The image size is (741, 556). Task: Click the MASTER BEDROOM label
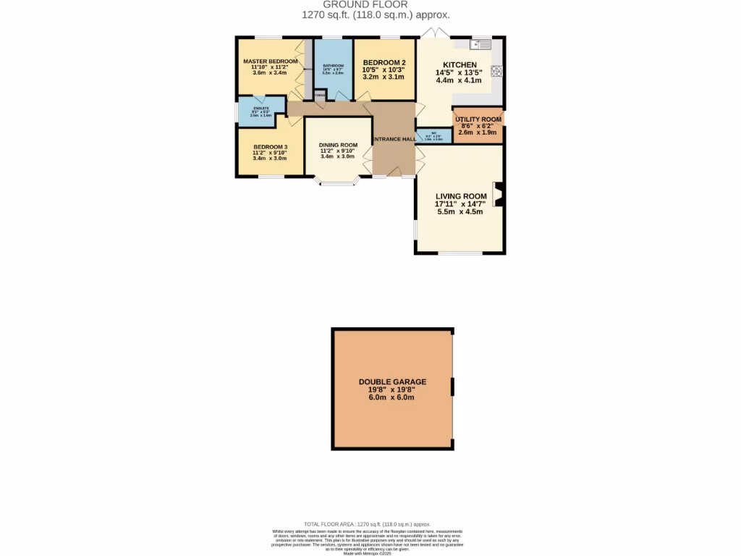271,62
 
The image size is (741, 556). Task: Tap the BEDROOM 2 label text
384,62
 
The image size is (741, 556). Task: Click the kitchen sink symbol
481,45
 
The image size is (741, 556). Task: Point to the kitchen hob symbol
496,71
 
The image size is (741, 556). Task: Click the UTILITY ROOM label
478,119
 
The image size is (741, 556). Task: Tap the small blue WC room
434,135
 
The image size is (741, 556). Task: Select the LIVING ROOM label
460,196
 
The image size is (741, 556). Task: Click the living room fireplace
498,194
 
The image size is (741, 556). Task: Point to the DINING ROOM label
339,145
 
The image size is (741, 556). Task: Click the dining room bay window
339,182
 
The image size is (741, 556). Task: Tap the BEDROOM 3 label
270,148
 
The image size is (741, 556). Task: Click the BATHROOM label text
333,66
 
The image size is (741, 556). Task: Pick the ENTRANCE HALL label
394,139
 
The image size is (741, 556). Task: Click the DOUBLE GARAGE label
392,382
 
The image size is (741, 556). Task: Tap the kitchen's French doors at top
436,33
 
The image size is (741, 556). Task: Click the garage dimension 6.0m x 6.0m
392,397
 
